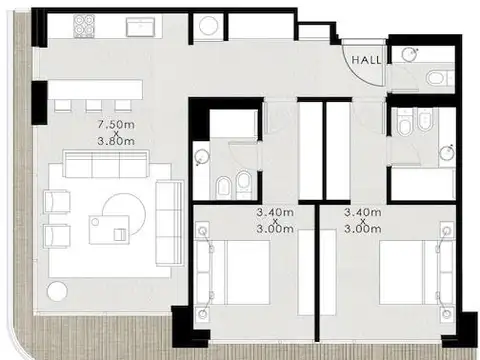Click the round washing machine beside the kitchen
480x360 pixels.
pos(207,27)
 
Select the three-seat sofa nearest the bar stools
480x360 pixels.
pos(104,164)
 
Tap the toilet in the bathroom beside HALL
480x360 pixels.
pos(436,77)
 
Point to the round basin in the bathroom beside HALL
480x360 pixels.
pos(406,53)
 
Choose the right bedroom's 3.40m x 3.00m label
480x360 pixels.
pos(363,220)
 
